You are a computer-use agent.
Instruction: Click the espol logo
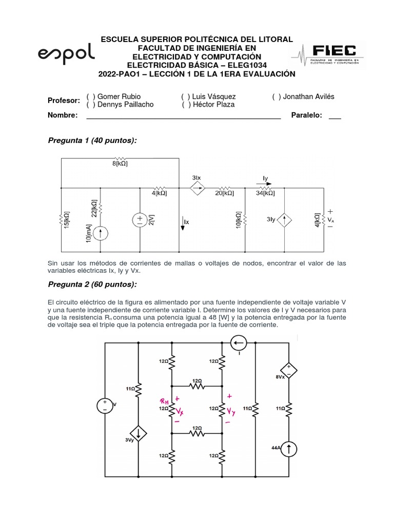[66, 53]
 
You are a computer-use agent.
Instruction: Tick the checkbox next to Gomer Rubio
[90, 96]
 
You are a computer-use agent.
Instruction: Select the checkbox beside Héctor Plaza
[186, 105]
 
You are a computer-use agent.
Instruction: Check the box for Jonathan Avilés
[276, 96]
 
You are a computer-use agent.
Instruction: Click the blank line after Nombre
[183, 116]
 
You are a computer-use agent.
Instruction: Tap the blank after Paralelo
[334, 116]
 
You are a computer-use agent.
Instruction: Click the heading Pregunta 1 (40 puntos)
[92, 140]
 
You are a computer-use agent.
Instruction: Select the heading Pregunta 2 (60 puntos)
[92, 285]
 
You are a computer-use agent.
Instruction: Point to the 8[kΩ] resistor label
[120, 164]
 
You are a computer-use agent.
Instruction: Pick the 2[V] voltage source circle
[141, 220]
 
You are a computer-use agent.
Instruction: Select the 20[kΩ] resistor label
[225, 193]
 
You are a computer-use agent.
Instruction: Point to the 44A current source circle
[289, 450]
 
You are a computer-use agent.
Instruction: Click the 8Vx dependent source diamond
[288, 371]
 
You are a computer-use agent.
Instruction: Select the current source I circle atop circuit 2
[238, 342]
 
